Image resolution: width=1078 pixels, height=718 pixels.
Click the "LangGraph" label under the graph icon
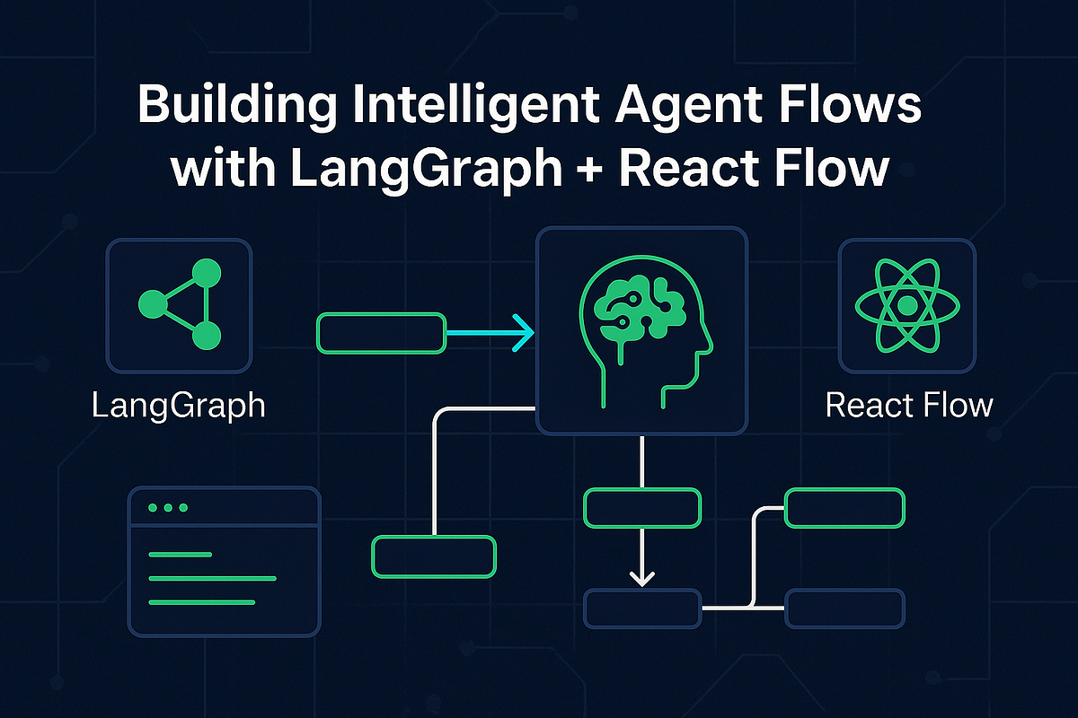pos(179,406)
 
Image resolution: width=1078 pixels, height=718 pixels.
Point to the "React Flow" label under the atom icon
pos(908,406)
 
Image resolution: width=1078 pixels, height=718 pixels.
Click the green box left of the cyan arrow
pos(381,332)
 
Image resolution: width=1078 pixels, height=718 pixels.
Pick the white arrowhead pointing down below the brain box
pos(641,577)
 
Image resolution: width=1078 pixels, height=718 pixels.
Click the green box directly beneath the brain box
pos(641,507)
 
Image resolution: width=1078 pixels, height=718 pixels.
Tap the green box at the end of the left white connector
pos(434,556)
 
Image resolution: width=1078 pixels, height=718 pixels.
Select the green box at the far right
pos(844,508)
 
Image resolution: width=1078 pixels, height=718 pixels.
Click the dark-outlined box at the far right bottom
pos(844,609)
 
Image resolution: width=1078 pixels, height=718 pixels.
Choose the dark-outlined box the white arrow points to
pos(641,609)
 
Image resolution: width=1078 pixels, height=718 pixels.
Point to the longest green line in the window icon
pos(212,578)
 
